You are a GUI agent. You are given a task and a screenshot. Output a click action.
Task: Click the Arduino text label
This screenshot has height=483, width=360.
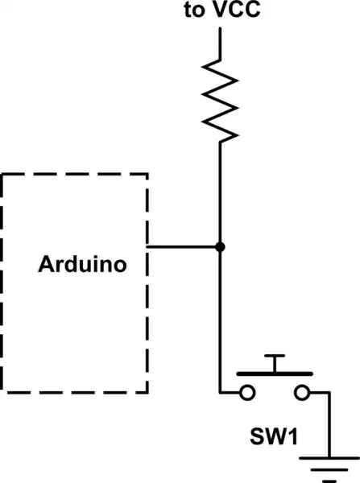coord(82,265)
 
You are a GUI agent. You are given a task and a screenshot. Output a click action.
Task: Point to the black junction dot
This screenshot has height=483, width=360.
coord(220,246)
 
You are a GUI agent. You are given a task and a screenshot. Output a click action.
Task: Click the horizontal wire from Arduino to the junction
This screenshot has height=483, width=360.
coord(183,246)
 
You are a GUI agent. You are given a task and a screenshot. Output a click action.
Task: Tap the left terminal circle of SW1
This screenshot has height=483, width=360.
coord(247,393)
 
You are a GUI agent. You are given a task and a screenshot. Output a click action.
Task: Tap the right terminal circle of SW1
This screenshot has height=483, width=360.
coord(302,393)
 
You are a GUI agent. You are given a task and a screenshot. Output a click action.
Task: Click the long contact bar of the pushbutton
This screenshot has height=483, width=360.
coord(275,374)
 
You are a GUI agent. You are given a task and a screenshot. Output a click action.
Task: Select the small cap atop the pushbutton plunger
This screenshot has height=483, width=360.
coord(275,355)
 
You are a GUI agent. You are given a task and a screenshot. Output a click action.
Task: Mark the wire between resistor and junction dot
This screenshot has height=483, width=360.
coord(220,193)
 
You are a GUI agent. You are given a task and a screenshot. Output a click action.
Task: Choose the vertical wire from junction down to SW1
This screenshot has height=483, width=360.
coord(220,322)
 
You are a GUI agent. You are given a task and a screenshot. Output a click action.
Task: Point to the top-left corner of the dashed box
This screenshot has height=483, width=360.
coord(3,173)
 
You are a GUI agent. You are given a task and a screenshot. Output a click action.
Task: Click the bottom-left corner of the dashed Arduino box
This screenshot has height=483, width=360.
coord(3,392)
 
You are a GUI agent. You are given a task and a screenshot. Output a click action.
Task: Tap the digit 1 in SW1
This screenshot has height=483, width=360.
coord(295,439)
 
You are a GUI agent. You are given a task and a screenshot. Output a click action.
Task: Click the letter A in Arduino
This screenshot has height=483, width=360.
coord(46,265)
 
